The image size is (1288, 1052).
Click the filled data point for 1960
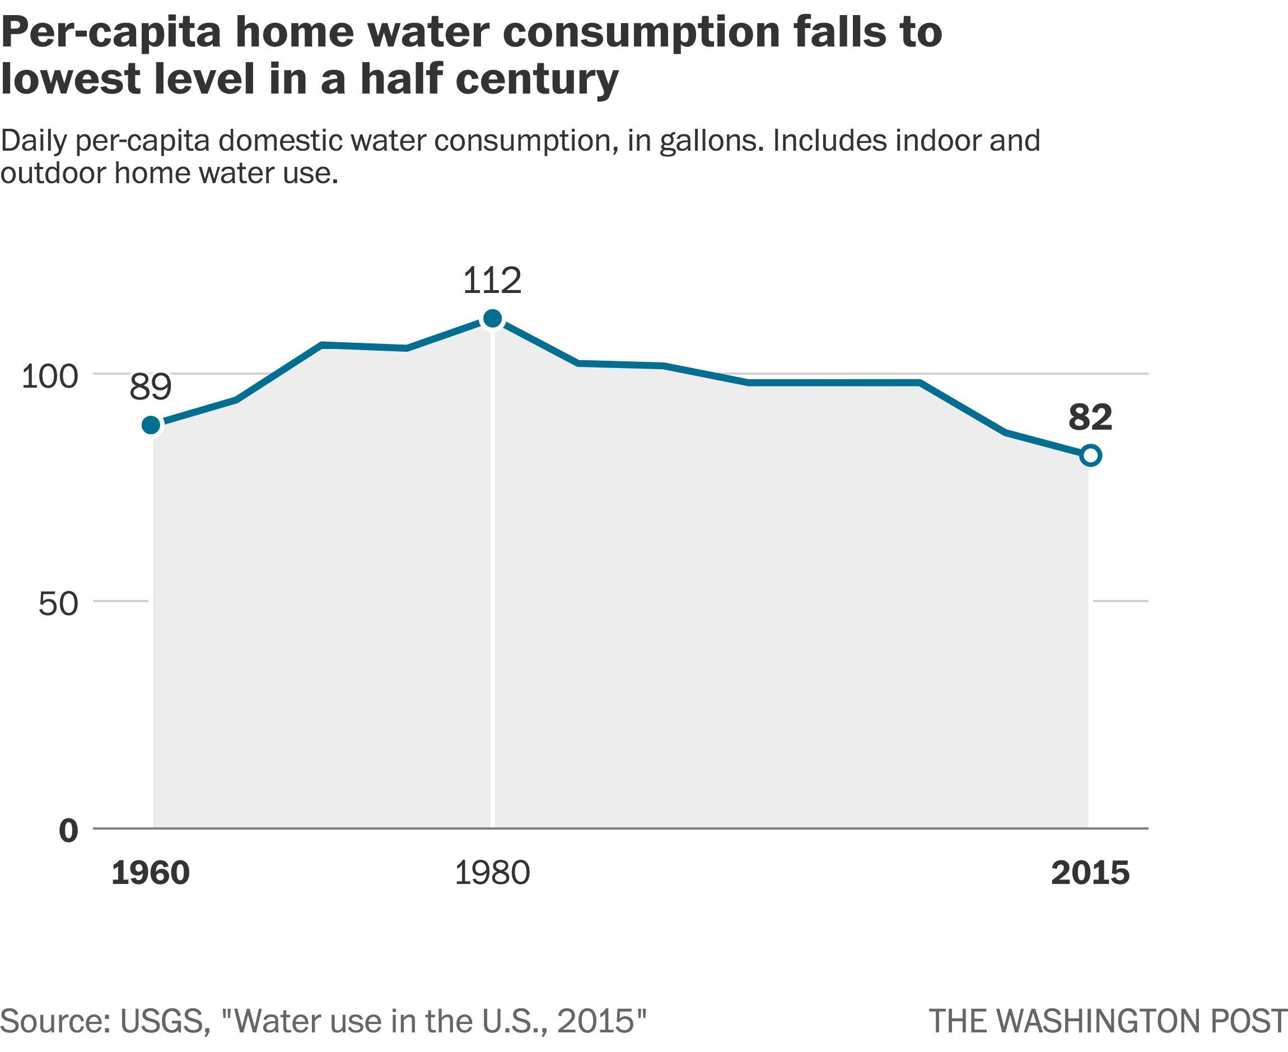151,425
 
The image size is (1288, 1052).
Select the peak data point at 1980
493,319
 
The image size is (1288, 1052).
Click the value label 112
492,281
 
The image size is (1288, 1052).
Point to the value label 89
151,387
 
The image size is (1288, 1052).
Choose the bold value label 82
1090,417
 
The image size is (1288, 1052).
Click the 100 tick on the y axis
50,376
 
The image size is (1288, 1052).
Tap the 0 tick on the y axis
68,831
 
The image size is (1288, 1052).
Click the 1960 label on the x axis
150,873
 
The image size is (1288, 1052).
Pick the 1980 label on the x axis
492,873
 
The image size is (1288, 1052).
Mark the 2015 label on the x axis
1090,873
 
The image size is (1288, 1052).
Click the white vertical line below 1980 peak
493,576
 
